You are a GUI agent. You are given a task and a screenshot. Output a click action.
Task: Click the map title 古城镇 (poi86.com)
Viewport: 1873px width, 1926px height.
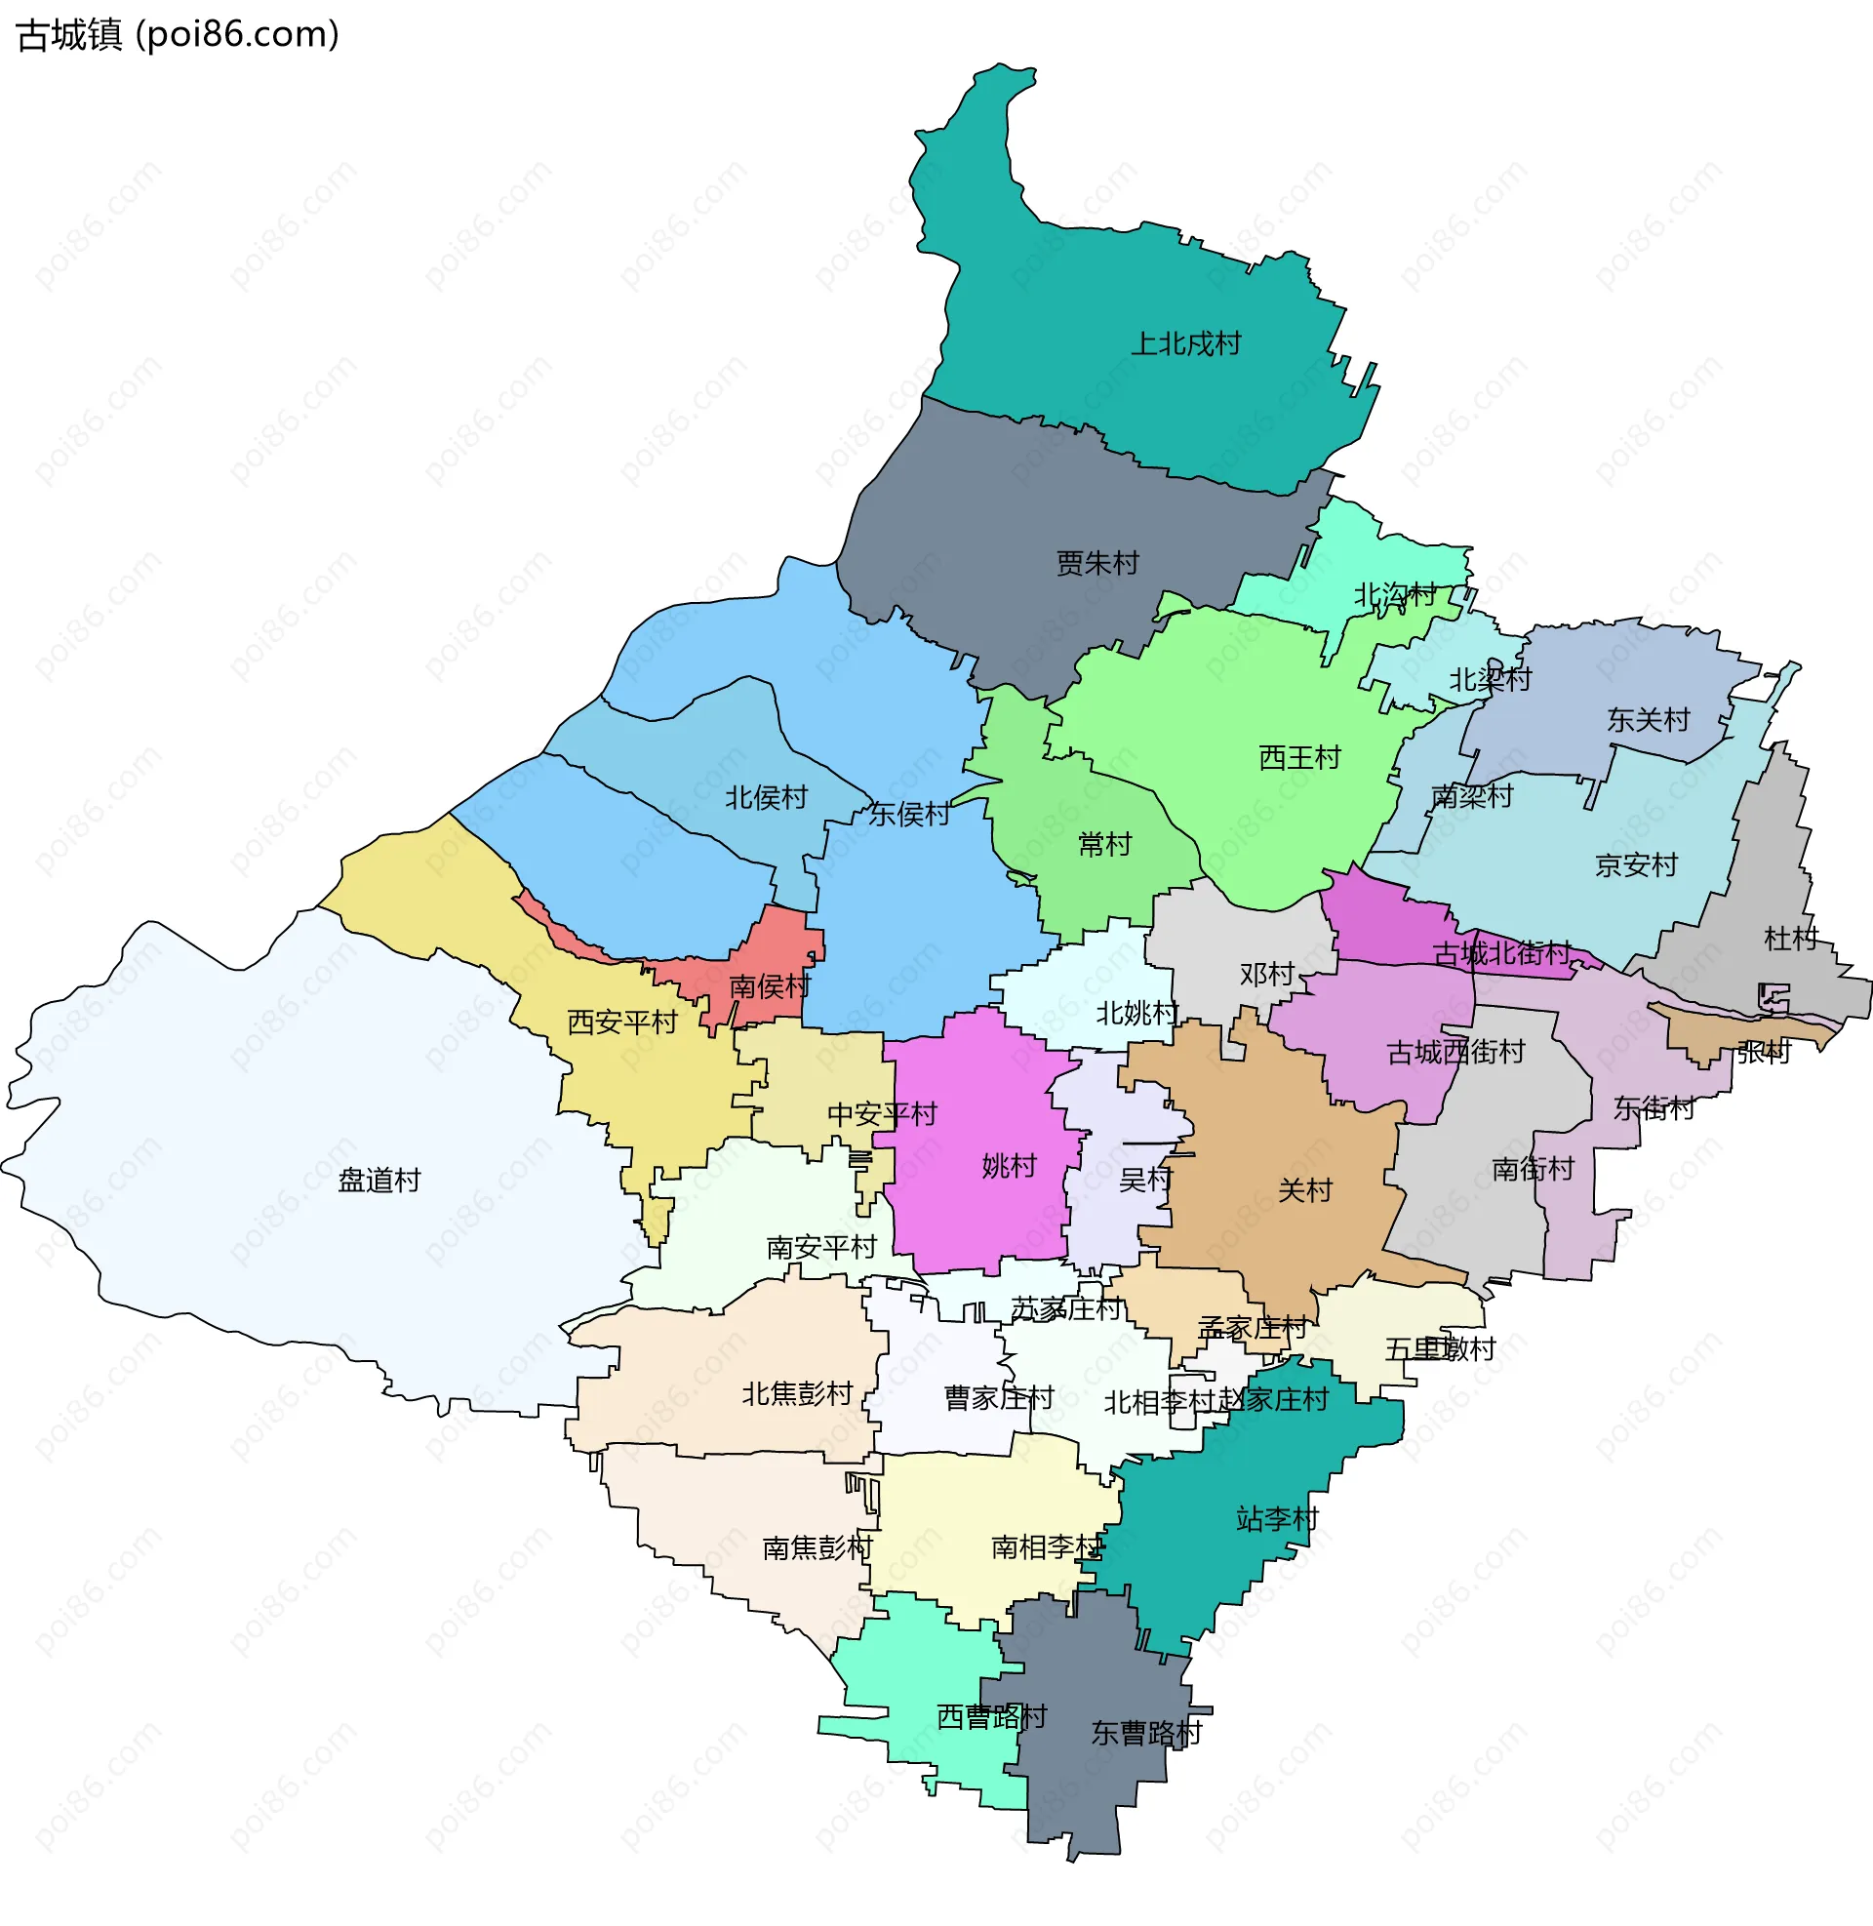(x=179, y=34)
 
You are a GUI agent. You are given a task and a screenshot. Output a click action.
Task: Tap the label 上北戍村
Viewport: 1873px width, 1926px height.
(x=1185, y=343)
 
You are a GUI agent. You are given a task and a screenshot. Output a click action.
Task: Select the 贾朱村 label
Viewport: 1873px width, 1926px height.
(x=1096, y=563)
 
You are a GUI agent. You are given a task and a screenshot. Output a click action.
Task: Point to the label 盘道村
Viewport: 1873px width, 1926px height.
(x=379, y=1180)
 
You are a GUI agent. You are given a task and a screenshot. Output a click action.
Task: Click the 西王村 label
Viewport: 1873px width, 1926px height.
(x=1299, y=757)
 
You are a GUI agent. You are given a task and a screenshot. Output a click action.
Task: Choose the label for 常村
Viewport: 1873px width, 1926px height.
(x=1104, y=844)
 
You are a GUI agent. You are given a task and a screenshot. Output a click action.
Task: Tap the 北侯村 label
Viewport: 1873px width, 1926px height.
(x=766, y=797)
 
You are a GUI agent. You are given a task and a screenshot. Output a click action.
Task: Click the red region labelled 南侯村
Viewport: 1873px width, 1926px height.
(x=771, y=985)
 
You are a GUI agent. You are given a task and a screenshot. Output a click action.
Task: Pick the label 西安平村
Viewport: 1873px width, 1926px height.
(x=621, y=1022)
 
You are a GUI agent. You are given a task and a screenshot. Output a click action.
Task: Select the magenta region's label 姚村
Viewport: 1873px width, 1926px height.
(x=1009, y=1166)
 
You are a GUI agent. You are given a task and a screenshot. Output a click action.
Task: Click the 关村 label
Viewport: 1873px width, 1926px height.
(x=1304, y=1190)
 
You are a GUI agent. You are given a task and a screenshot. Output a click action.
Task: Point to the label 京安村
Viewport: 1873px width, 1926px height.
(x=1636, y=864)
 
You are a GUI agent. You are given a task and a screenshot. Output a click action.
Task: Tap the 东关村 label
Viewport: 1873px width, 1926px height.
(x=1648, y=719)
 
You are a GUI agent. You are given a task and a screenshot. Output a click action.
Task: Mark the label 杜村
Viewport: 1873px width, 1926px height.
(x=1790, y=939)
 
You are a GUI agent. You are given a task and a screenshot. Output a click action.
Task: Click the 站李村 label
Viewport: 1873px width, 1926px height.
(x=1277, y=1519)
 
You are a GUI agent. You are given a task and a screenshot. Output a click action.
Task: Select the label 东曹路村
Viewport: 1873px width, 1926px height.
(x=1146, y=1733)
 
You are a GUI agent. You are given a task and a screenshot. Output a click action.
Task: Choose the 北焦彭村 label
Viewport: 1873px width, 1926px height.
(x=797, y=1394)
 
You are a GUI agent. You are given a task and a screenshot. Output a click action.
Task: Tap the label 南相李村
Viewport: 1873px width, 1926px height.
(x=1046, y=1547)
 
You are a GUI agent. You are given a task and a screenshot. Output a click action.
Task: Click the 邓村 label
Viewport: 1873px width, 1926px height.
(x=1266, y=974)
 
